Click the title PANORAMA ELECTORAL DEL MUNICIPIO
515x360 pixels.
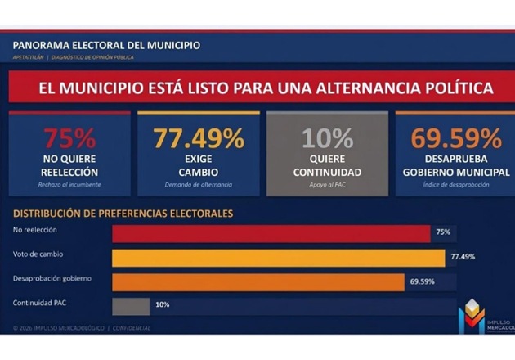coord(106,45)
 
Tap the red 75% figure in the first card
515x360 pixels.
coord(69,137)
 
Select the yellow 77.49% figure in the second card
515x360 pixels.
coord(199,137)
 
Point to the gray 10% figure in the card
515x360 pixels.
coord(327,137)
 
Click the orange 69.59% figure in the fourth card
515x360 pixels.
coord(455,137)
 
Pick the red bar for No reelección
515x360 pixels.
coord(271,233)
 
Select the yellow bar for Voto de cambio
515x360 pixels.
coord(278,258)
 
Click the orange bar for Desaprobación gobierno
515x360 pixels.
coord(257,281)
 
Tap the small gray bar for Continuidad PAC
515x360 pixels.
coord(130,305)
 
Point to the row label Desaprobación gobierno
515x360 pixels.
coord(51,278)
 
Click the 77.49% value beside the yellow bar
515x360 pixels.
coord(463,257)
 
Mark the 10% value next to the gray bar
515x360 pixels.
coord(162,305)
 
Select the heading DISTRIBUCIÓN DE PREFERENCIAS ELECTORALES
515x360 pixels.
coord(123,214)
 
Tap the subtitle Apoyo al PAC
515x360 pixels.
coord(327,185)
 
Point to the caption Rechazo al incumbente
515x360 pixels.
coord(69,185)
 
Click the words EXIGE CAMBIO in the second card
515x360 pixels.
coord(199,166)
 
